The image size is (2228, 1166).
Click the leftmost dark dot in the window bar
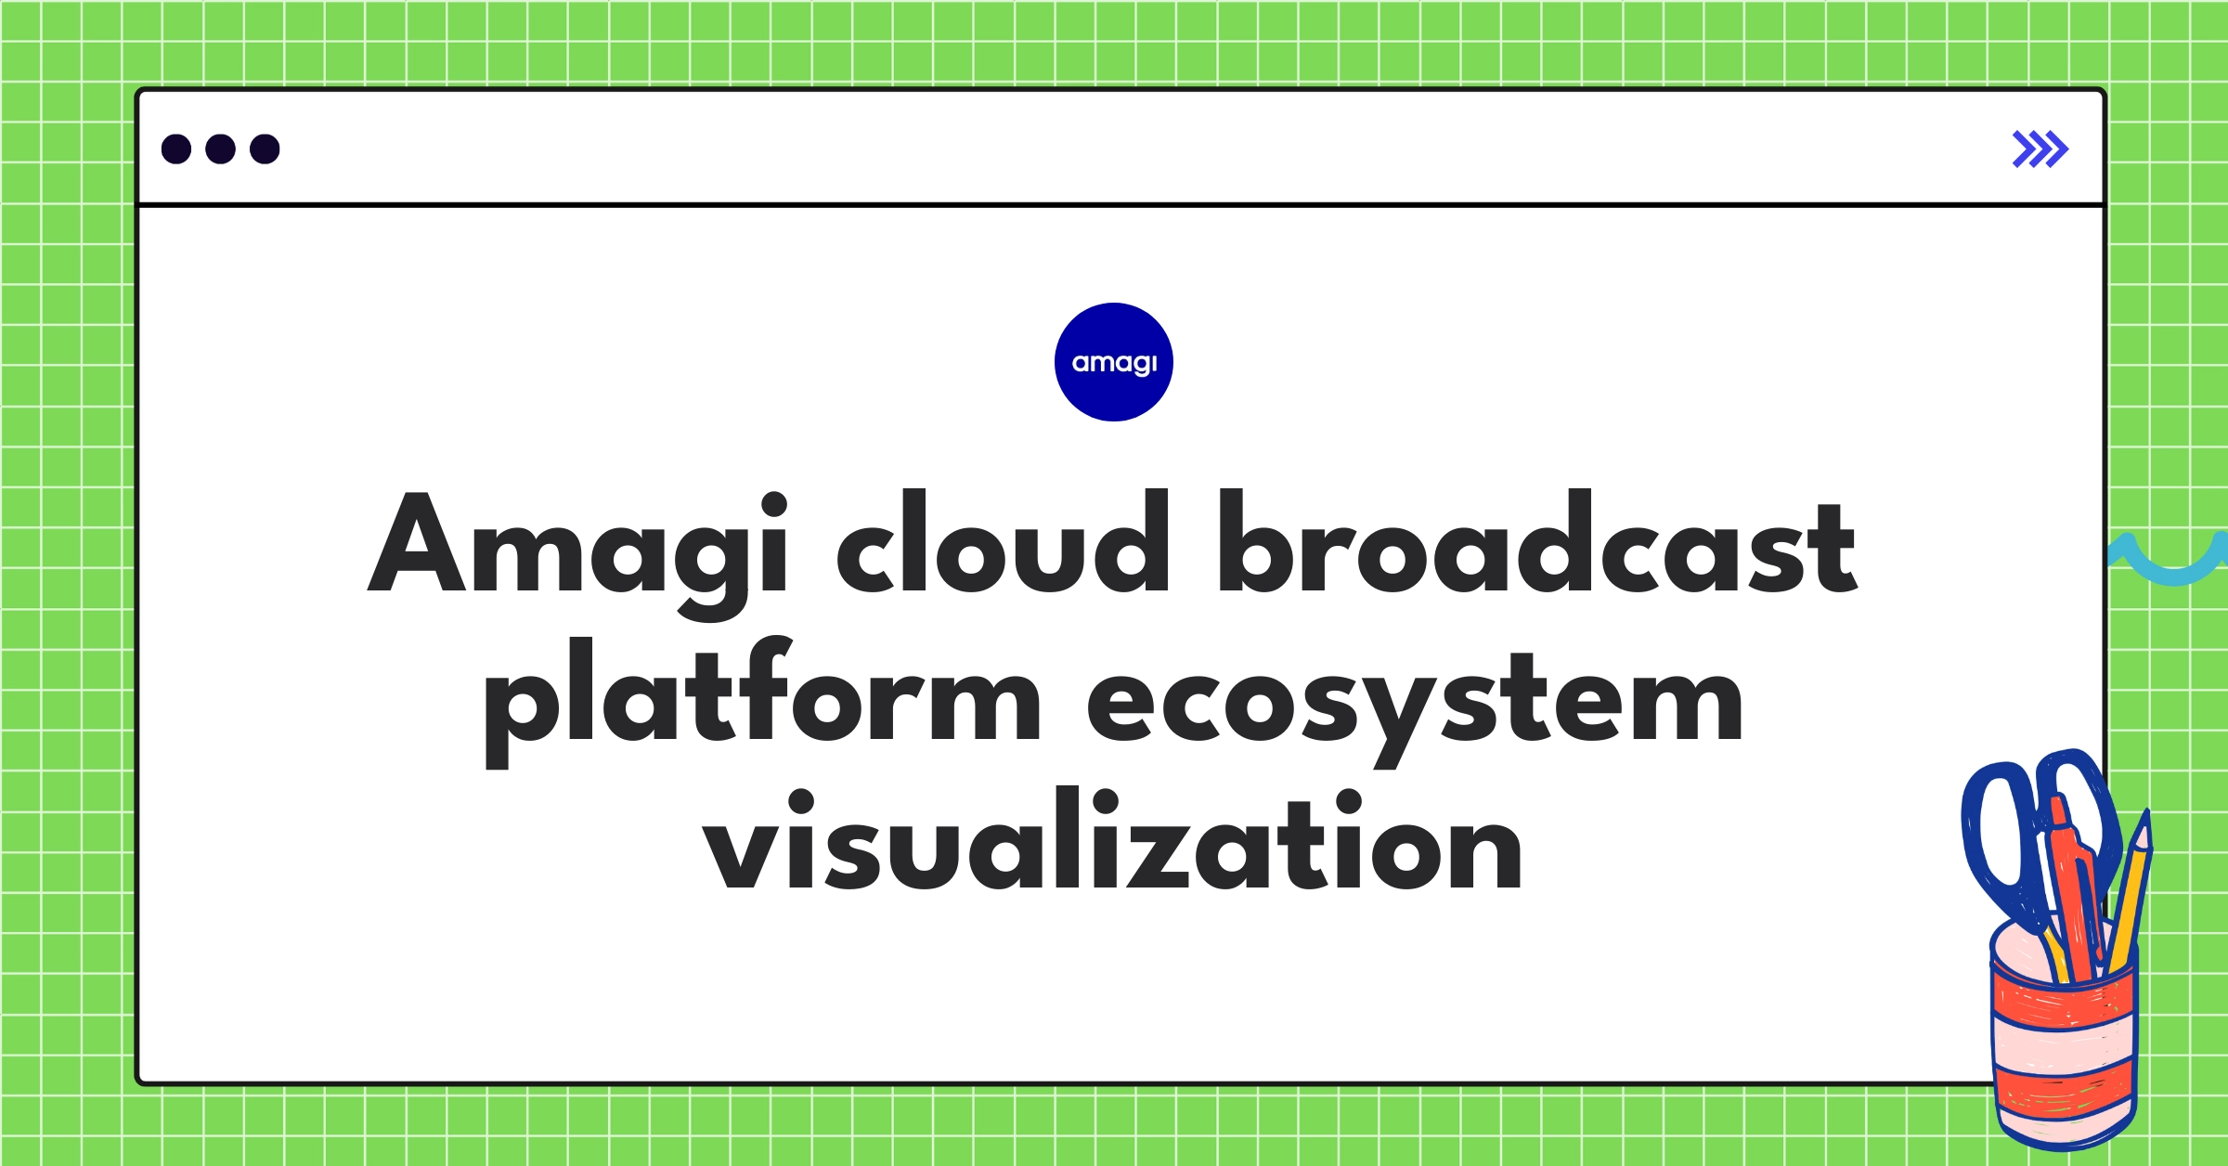pyautogui.click(x=176, y=149)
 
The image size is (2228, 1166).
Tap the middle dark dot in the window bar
pyautogui.click(x=220, y=149)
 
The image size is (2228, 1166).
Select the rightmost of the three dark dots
pyautogui.click(x=265, y=149)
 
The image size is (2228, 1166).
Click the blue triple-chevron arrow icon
pyautogui.click(x=2040, y=149)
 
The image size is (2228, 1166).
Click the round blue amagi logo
pyautogui.click(x=1114, y=362)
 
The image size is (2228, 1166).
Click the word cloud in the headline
pyautogui.click(x=1003, y=542)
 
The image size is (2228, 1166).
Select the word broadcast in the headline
pyautogui.click(x=1537, y=542)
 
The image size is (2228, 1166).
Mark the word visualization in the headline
pyautogui.click(x=1112, y=841)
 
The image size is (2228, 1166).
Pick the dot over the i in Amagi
pyautogui.click(x=774, y=505)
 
